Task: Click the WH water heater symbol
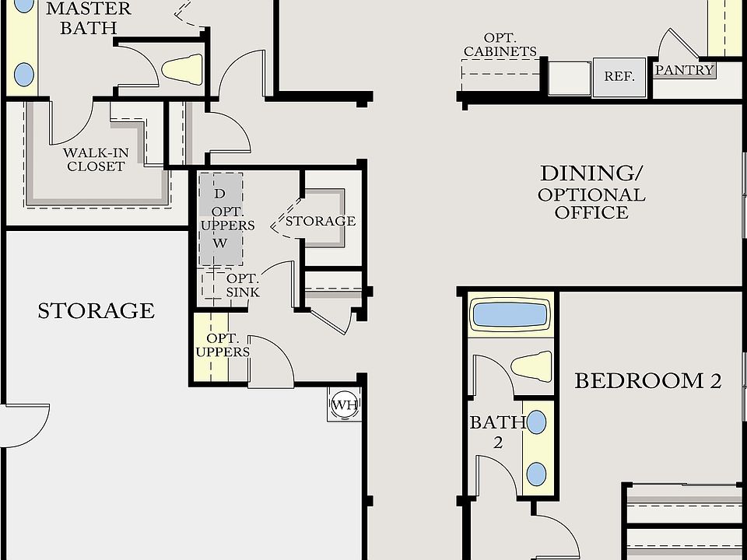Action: click(x=345, y=404)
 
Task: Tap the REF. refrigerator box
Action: click(x=619, y=77)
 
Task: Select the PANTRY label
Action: click(x=684, y=70)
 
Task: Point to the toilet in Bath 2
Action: click(x=531, y=366)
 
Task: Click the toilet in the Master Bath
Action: click(x=182, y=69)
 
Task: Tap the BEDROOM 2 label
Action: click(x=648, y=381)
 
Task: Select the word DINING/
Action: click(x=591, y=173)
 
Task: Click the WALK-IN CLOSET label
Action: click(x=96, y=159)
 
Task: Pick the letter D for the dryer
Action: click(x=219, y=194)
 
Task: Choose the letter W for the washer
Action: click(x=220, y=243)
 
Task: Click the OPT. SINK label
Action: click(x=243, y=285)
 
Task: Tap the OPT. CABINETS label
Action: click(x=500, y=45)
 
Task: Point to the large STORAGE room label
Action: click(x=96, y=311)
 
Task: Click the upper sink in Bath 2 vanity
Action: click(x=536, y=422)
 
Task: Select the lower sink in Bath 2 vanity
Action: click(x=536, y=474)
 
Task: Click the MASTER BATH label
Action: click(x=89, y=18)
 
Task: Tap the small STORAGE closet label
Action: click(x=321, y=221)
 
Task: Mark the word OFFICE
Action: click(x=591, y=212)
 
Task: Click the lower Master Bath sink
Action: click(x=24, y=75)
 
